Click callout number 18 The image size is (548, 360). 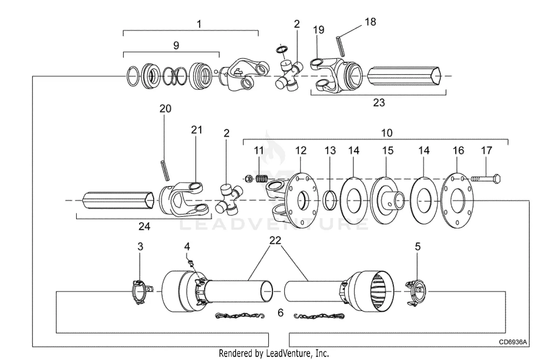click(370, 22)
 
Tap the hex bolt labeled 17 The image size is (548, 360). click(486, 179)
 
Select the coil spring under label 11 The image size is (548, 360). click(262, 179)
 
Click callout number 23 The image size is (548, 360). click(379, 103)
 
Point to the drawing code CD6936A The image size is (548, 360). click(513, 342)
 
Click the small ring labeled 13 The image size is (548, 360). click(330, 200)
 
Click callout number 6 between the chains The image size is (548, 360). click(280, 312)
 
